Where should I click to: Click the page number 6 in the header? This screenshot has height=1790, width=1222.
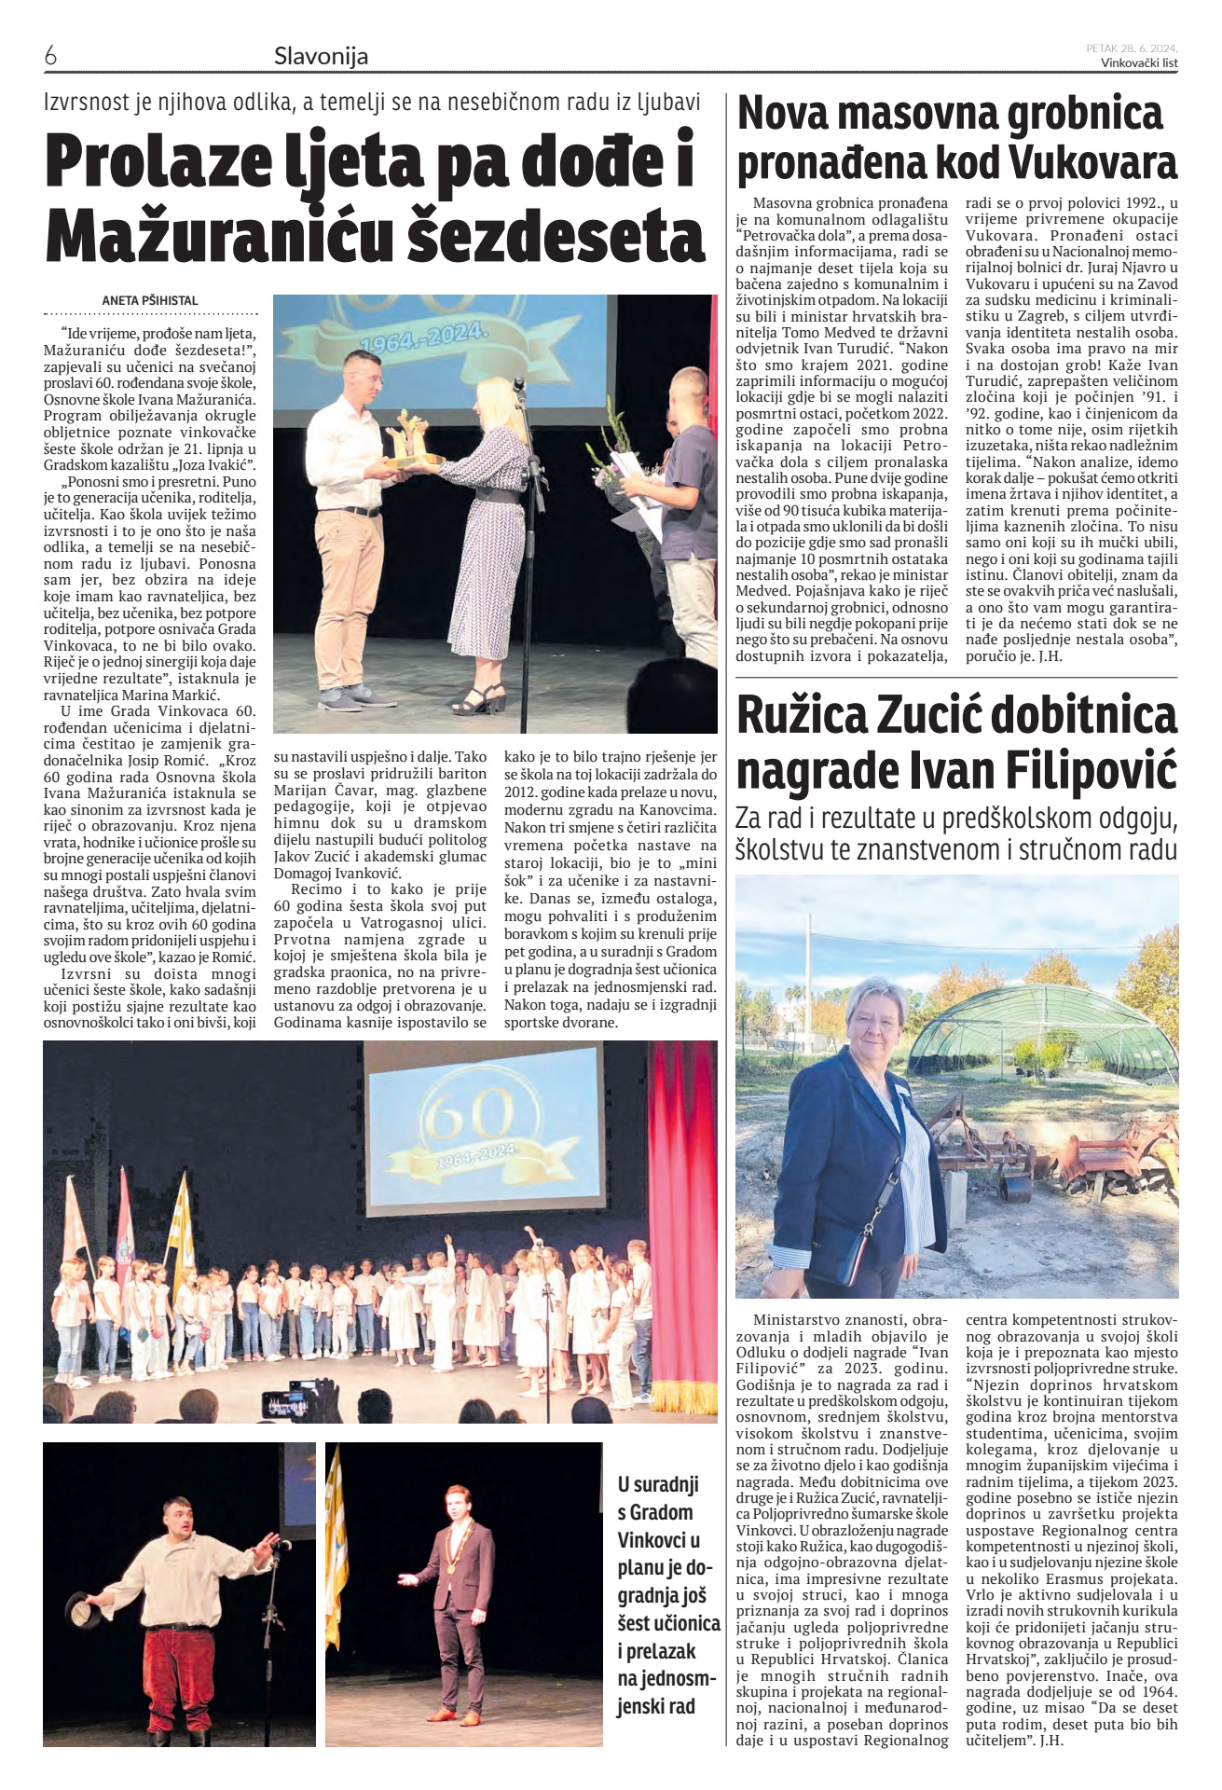(50, 56)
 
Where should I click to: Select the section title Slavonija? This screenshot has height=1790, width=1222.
(321, 57)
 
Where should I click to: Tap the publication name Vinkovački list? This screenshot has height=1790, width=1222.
(1138, 63)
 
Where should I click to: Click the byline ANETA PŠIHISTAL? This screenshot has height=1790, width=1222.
(150, 301)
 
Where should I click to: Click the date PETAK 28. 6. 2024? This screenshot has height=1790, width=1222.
(1132, 48)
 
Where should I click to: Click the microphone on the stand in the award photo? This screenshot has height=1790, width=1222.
(519, 384)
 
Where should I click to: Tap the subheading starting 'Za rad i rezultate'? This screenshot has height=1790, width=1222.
(956, 833)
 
